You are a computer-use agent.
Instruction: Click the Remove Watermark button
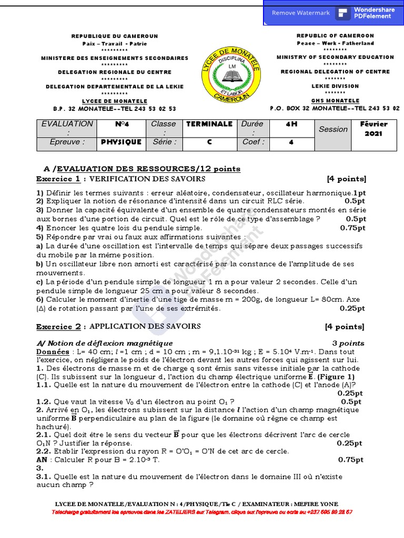(x=300, y=13)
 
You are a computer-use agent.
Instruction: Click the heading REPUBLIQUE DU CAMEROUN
(x=115, y=36)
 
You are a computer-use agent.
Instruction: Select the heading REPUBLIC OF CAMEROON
(x=335, y=36)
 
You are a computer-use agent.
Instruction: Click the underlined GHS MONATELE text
(x=335, y=101)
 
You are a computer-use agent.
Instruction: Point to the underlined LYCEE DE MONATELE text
(x=115, y=101)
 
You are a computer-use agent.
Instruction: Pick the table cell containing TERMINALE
(x=209, y=124)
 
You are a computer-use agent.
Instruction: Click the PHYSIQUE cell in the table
(x=121, y=142)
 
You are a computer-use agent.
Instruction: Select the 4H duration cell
(x=291, y=124)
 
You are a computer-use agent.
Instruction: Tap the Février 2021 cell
(x=374, y=129)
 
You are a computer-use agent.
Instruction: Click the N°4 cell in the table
(x=121, y=124)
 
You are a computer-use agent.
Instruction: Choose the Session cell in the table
(x=333, y=129)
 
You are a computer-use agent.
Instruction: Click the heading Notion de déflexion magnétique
(x=104, y=343)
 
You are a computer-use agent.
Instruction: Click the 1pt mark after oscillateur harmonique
(x=359, y=193)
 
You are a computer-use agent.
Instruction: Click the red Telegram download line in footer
(x=202, y=511)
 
